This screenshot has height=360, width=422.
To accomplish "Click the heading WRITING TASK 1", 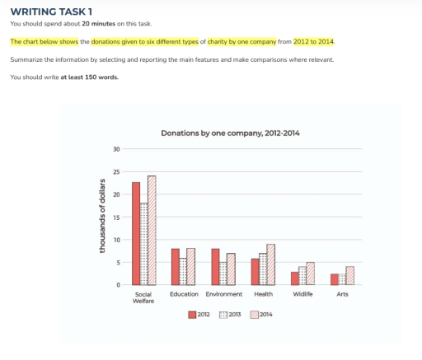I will coord(51,12).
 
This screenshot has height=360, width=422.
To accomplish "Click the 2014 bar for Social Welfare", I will coord(152,230).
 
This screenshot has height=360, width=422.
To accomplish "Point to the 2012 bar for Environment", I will coord(215,266).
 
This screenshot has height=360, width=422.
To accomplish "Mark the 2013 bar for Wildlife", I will coord(302,275).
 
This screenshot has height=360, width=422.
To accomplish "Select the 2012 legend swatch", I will coord(193,314).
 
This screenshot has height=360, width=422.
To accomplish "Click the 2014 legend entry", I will coord(260,314).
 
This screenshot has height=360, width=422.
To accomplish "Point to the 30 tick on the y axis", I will coord(116,149).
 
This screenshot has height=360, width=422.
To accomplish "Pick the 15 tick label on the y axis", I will coord(116,217).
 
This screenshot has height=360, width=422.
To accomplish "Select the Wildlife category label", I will coord(302,293).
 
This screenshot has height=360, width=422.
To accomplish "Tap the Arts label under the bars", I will coord(342,293).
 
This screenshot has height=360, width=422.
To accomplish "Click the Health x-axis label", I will coord(263,293).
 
